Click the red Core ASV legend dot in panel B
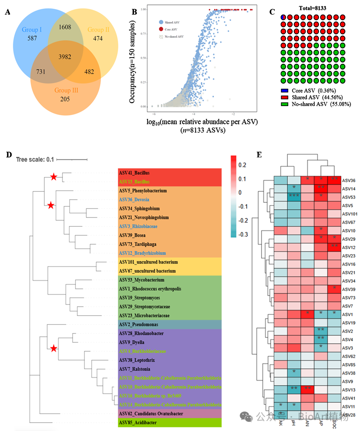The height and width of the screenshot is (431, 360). point(161,29)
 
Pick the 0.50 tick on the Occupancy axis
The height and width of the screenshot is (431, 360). point(143,58)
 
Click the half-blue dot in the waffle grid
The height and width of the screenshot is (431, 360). point(284,17)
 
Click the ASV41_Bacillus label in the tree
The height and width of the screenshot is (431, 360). point(134,173)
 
